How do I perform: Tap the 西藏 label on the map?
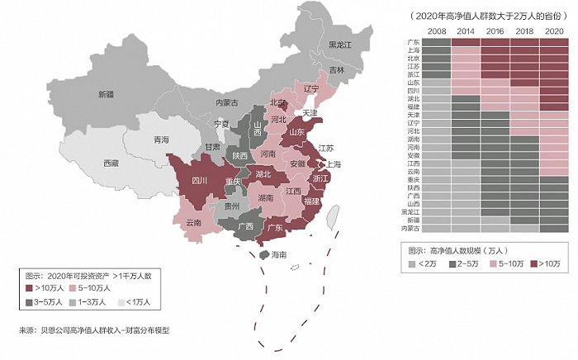(x=111, y=163)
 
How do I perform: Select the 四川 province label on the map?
(x=198, y=179)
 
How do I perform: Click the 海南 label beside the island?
(x=280, y=256)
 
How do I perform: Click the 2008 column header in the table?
(x=438, y=31)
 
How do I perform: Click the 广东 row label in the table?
(x=415, y=41)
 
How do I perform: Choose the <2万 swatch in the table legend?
(x=413, y=265)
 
